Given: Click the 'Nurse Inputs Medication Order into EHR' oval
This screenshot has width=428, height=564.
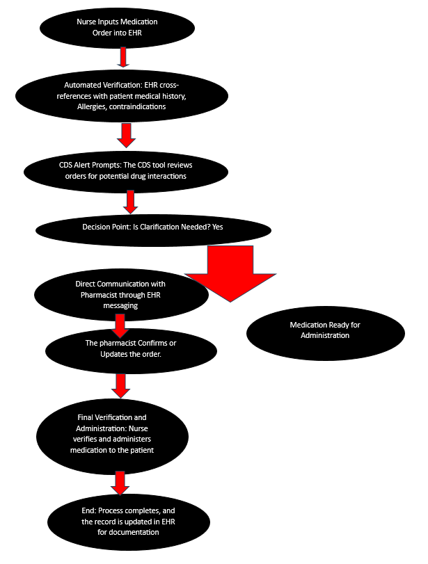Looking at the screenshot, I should point(118,28).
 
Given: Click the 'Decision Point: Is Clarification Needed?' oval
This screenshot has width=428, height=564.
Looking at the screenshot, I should point(153,227).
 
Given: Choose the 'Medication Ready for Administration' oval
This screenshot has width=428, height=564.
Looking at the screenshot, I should point(325,330).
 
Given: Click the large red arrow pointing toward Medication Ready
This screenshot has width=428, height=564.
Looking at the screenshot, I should point(230,273).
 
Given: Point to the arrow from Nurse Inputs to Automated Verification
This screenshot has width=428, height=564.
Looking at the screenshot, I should point(123,57).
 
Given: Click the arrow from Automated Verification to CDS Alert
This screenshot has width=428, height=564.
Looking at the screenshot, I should point(126,135).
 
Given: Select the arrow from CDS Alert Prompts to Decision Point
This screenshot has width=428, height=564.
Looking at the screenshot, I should point(129,202).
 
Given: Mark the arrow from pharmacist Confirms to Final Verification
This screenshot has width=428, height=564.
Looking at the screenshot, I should point(121,384).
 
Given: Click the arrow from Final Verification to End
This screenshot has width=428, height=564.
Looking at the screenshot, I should point(120,482).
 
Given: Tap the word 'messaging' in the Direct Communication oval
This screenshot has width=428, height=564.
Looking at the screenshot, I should point(121,305).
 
